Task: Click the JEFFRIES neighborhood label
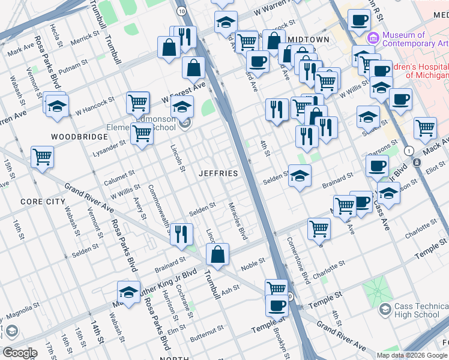(218, 173)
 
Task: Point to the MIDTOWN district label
(309, 39)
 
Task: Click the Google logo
(19, 353)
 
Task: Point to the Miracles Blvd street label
(238, 221)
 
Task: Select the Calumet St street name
(119, 178)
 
